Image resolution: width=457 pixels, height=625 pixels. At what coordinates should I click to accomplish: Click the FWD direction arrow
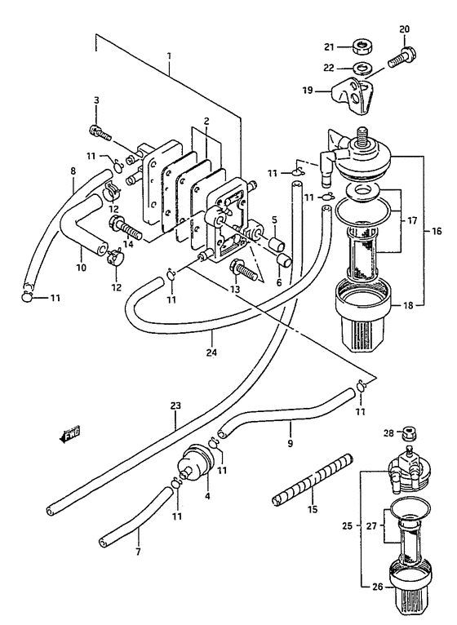pos(69,433)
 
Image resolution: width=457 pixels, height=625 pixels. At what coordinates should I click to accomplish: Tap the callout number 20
pos(404,29)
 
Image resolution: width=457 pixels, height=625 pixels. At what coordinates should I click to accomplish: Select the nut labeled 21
pos(362,47)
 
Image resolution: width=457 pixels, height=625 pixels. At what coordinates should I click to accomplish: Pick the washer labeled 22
pos(362,68)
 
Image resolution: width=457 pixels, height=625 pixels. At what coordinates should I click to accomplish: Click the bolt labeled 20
pos(402,58)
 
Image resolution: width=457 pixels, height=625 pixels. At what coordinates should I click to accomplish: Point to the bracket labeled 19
pos(352,96)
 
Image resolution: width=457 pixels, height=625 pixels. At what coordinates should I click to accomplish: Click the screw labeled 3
pos(99,132)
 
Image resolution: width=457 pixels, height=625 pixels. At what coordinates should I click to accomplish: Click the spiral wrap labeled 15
pos(313,480)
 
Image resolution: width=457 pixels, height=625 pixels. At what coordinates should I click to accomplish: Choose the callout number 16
pos(437,231)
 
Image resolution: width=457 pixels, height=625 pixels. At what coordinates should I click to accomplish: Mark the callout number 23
pos(175,406)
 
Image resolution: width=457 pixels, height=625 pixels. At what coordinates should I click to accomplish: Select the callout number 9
pos(290,443)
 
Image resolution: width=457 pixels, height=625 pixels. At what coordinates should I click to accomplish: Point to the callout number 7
pos(138,552)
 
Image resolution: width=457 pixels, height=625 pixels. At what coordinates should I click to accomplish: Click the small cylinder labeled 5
pos(277,244)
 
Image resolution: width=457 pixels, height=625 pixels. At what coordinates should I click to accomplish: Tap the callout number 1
pos(169,55)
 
